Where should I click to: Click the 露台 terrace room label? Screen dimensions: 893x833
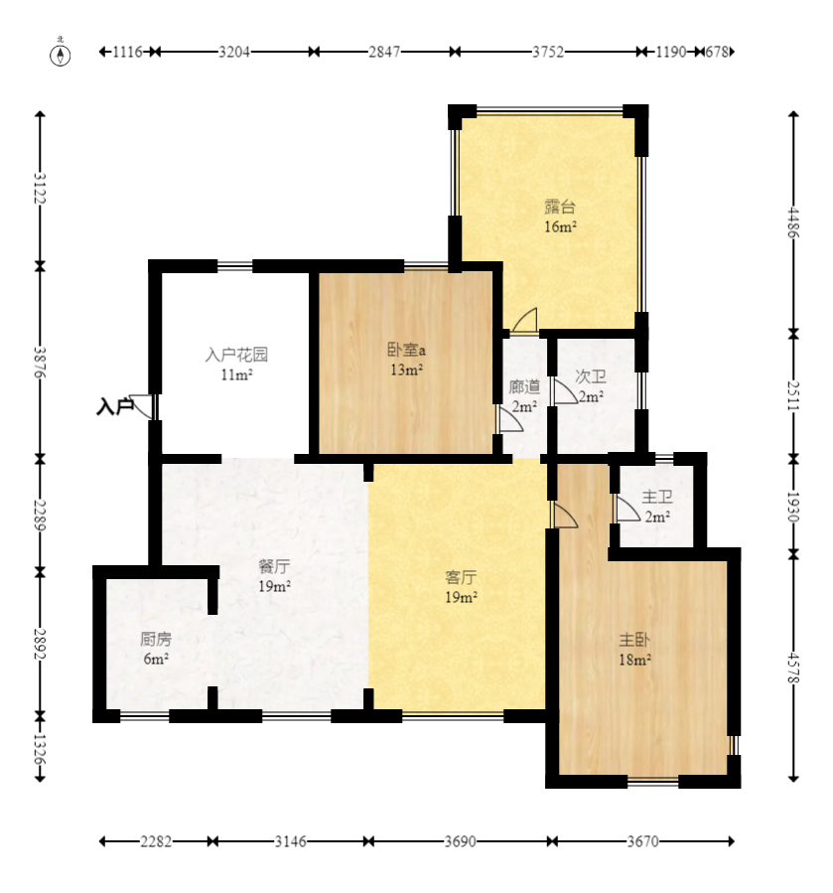[560, 208]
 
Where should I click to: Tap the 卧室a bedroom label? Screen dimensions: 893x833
[406, 350]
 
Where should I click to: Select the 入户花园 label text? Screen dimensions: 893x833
[236, 354]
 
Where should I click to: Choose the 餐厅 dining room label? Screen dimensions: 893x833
[274, 567]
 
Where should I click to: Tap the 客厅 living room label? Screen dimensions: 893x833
[461, 577]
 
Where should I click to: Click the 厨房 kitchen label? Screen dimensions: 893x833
[155, 640]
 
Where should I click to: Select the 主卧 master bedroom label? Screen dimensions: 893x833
[635, 640]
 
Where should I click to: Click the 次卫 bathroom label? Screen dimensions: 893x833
[591, 377]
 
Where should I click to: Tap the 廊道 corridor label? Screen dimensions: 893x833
[523, 387]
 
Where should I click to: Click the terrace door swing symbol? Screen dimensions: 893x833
[524, 321]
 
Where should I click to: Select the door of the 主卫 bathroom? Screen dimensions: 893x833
[625, 509]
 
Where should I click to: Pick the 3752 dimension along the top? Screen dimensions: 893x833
[545, 53]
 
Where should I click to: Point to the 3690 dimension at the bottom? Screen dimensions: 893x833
[460, 841]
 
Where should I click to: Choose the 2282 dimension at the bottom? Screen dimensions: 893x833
[156, 841]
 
